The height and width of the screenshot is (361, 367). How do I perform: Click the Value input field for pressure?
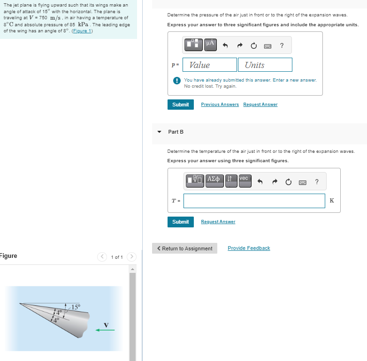210,65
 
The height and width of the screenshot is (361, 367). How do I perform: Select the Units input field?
265,65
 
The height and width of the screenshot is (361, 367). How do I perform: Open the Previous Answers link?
220,105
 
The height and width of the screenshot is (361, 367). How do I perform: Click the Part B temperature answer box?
254,201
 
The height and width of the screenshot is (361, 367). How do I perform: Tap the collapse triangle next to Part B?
159,132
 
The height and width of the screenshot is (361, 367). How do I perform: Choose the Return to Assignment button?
184,248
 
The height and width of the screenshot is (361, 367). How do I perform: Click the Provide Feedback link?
249,248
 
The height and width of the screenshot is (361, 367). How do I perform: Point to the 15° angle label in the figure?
75,307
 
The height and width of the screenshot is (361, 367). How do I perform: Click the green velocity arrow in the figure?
105,330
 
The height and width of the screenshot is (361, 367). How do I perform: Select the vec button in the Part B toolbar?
244,179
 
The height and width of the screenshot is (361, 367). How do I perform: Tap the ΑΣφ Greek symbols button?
214,180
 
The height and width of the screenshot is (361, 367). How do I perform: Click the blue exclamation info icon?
176,81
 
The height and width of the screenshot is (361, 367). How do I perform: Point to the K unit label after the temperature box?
332,201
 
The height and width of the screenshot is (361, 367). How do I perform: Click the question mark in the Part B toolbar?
316,181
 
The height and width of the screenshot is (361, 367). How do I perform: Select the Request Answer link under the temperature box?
218,222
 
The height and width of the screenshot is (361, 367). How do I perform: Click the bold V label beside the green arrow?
106,324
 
